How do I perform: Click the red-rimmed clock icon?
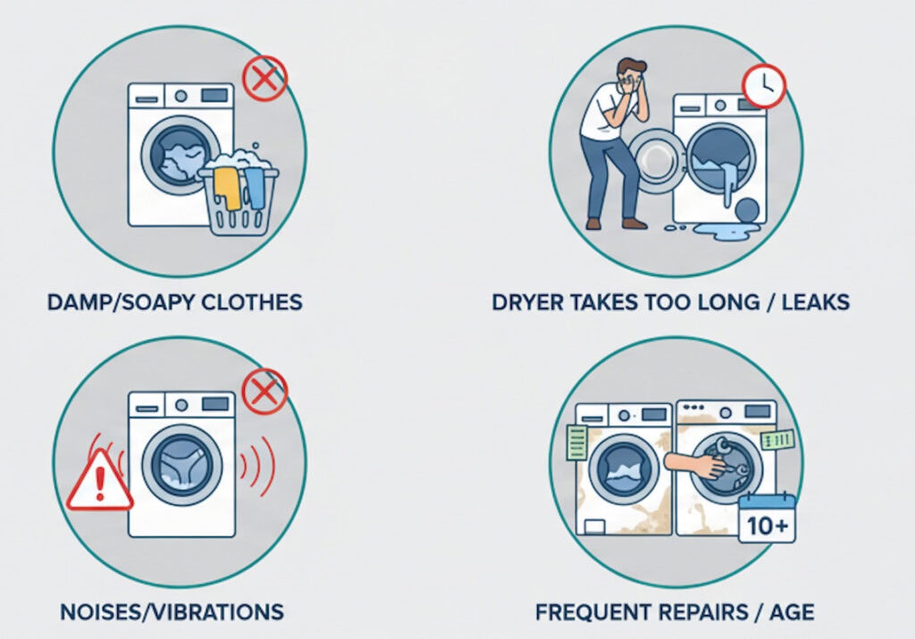(764, 86)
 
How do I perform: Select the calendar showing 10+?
(767, 518)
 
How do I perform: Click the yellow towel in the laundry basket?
(227, 188)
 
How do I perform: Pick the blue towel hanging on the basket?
(255, 188)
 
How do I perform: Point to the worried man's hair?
(632, 66)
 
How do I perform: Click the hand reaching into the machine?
(695, 465)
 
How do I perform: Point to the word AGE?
(792, 612)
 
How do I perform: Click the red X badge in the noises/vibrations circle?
(264, 391)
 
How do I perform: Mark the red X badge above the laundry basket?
(264, 78)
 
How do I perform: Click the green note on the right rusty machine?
(777, 439)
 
